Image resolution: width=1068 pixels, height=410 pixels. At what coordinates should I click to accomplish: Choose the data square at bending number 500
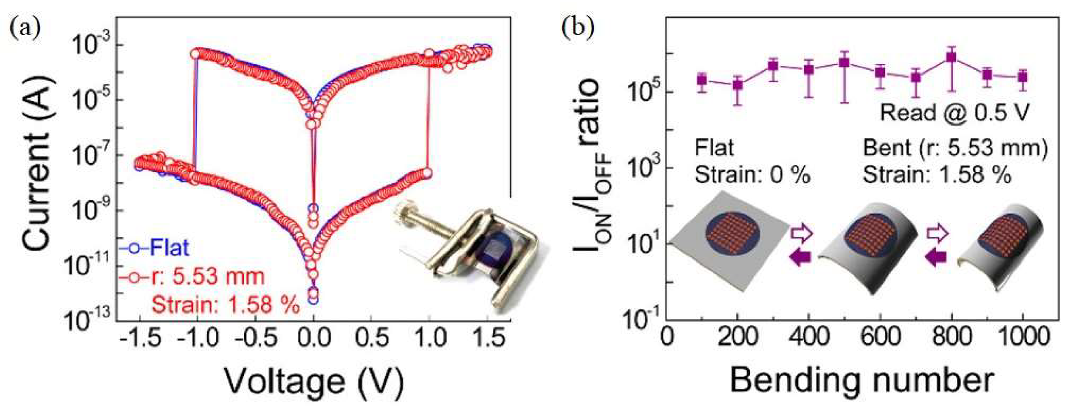(x=844, y=63)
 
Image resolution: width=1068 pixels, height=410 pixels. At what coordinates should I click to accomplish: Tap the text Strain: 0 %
(x=752, y=175)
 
